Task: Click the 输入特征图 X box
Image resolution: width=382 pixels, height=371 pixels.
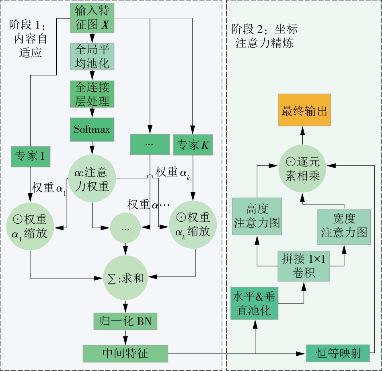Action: pos(92,18)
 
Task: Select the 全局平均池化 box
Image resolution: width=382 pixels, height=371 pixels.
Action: pos(92,56)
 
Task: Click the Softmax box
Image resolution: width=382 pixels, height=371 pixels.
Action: pos(92,129)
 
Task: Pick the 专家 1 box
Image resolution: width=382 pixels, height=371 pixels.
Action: pos(30,156)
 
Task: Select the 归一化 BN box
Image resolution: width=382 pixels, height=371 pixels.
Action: pos(125,322)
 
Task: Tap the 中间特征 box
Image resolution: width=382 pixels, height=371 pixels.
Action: pos(125,353)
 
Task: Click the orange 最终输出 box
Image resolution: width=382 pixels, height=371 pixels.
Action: pos(304,111)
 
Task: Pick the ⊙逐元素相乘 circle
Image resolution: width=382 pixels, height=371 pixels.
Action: pos(302,169)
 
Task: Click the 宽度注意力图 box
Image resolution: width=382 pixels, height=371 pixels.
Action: pos(344,227)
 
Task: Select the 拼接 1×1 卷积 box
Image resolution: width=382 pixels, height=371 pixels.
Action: pos(304,266)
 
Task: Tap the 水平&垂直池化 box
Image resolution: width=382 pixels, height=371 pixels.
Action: pos(254,304)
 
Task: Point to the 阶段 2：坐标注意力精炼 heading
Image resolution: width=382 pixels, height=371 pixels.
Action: pos(264,36)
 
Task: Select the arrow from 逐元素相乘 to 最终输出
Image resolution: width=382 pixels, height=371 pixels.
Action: pos(302,137)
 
